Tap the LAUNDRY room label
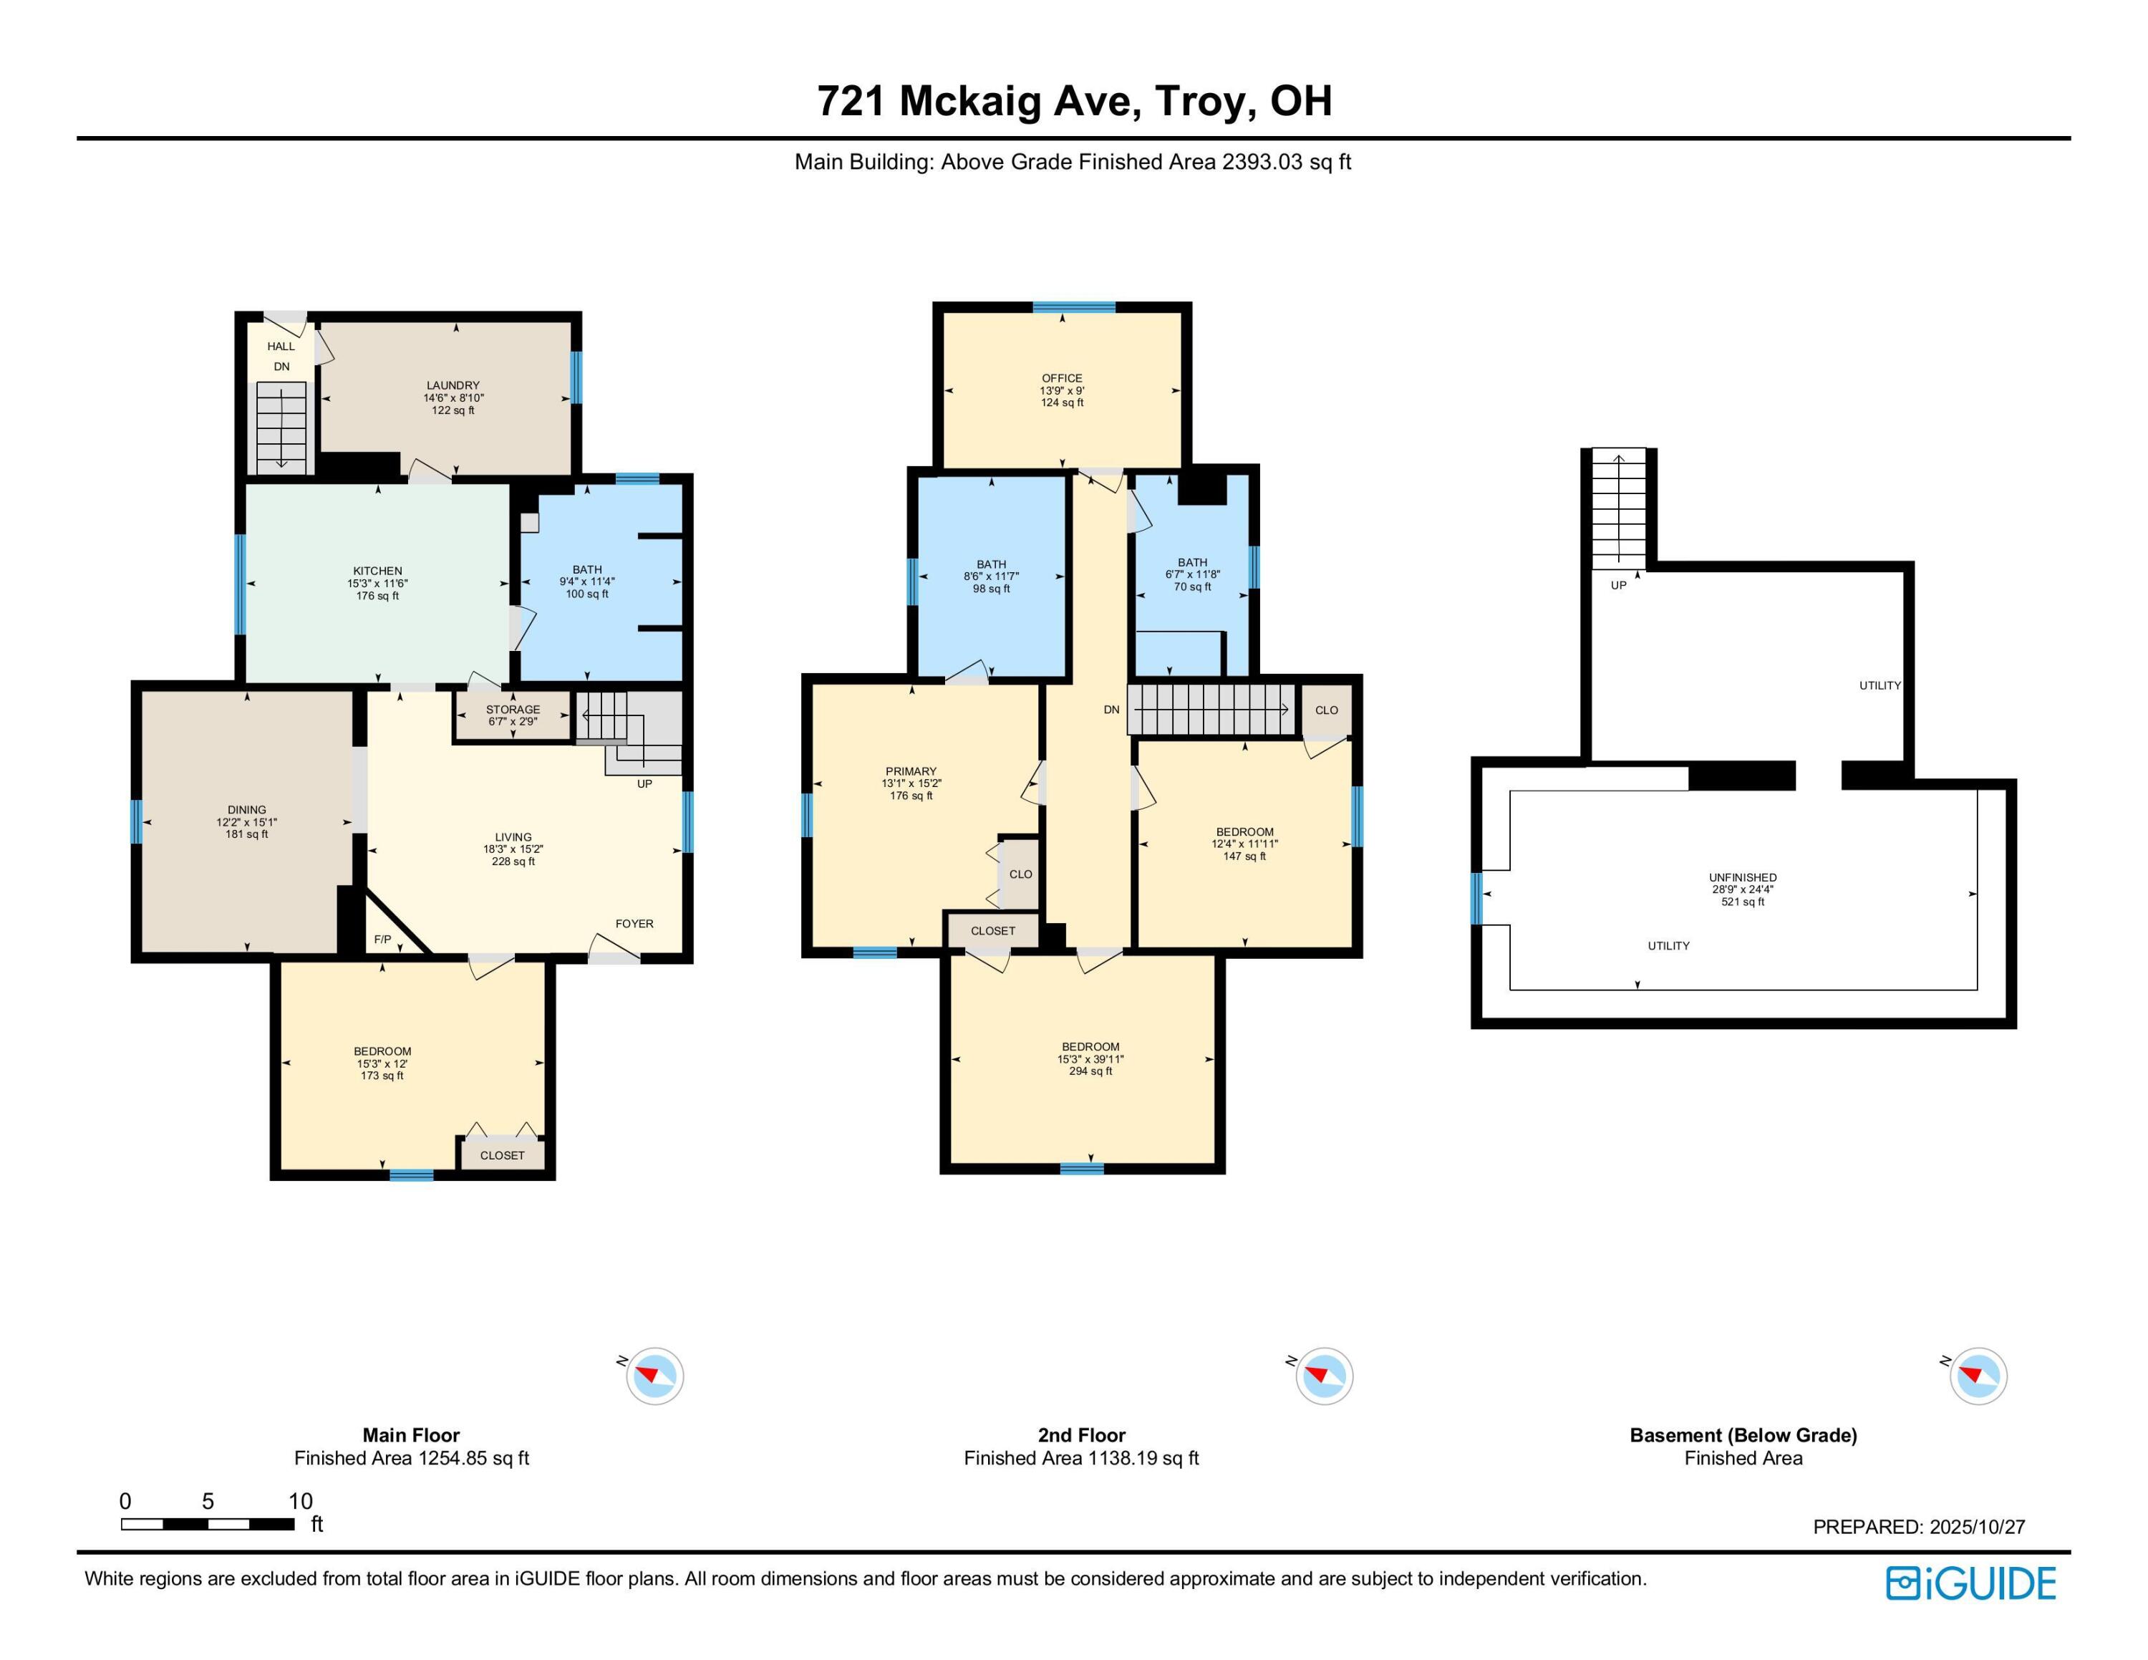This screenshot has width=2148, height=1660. [x=453, y=385]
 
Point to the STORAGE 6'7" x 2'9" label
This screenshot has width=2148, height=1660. [x=513, y=715]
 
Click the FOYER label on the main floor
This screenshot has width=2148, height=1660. [x=634, y=923]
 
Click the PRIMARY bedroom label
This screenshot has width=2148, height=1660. [x=911, y=771]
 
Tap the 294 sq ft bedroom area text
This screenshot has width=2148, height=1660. [x=1090, y=1071]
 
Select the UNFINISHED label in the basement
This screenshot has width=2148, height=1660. [x=1742, y=877]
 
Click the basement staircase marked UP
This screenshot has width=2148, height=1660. [x=1619, y=511]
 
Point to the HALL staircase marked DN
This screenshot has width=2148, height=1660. [x=282, y=428]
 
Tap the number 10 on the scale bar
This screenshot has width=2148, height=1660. [x=300, y=1501]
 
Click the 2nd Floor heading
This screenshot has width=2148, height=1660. [x=1081, y=1435]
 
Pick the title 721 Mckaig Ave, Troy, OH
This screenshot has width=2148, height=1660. [x=1074, y=100]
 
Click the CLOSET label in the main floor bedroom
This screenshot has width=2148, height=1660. [x=502, y=1156]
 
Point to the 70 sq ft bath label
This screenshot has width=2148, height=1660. [x=1192, y=587]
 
